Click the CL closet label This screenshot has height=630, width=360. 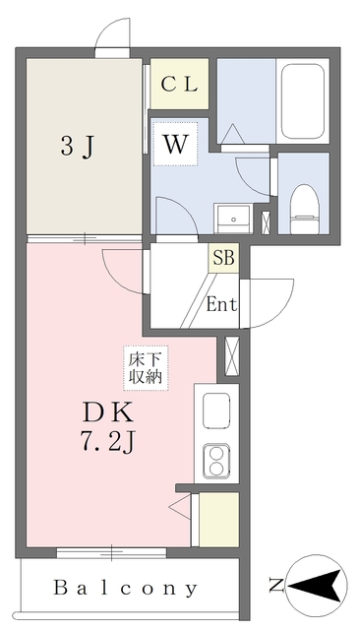click(x=179, y=84)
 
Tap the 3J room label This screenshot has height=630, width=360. click(x=78, y=147)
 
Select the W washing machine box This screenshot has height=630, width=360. click(x=175, y=144)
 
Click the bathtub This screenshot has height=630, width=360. click(x=303, y=101)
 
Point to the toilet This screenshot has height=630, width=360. click(x=304, y=209)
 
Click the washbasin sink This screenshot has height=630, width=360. click(x=233, y=219)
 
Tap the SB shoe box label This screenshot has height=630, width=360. click(x=223, y=258)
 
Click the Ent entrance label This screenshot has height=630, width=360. click(x=221, y=304)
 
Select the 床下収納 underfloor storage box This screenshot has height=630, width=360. click(x=146, y=367)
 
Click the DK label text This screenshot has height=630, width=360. click(x=107, y=413)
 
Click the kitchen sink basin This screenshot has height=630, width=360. click(x=216, y=410)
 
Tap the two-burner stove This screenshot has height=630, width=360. click(x=216, y=461)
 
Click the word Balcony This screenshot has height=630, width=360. click(x=126, y=588)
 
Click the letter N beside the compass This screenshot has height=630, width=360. click(x=276, y=585)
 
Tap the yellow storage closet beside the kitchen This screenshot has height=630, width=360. click(x=219, y=519)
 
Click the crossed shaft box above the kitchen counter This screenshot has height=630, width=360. click(x=232, y=356)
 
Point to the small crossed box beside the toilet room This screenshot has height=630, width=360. click(x=266, y=222)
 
